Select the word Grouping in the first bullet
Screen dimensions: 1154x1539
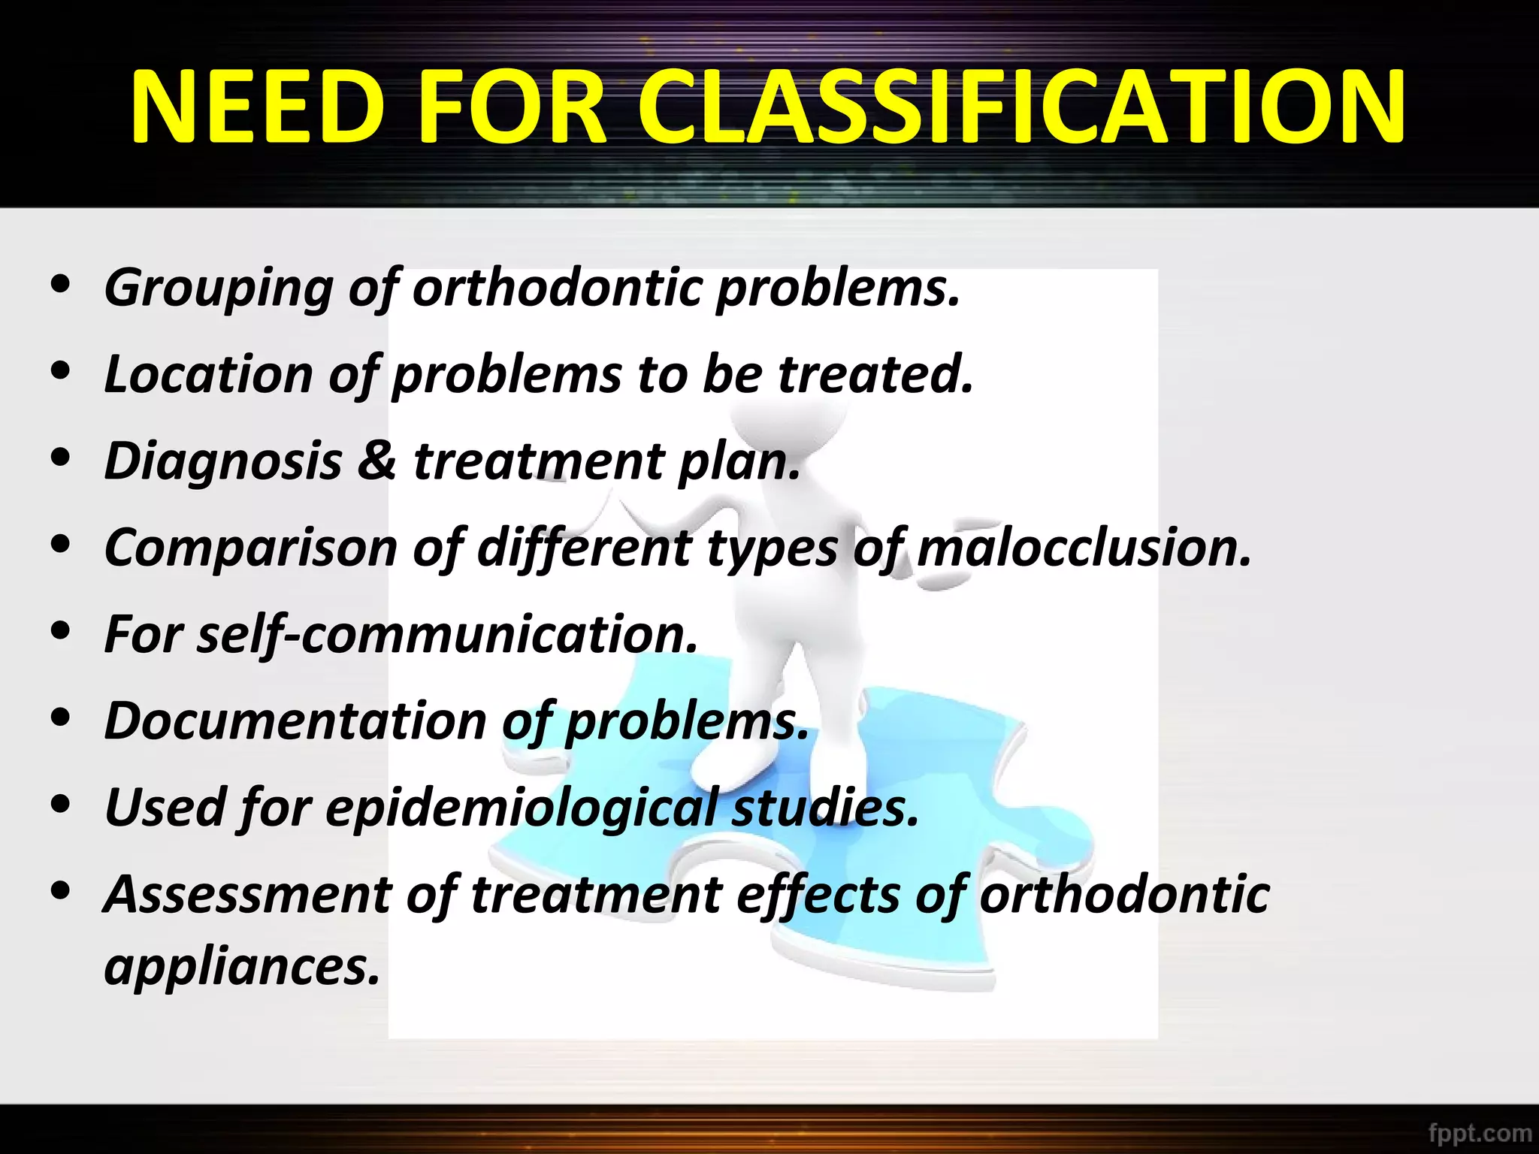tap(218, 289)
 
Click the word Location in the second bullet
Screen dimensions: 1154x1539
tap(208, 374)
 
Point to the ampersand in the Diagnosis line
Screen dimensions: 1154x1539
tap(377, 461)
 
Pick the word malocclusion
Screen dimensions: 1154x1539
tap(1084, 548)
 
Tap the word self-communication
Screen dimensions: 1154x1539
tap(447, 635)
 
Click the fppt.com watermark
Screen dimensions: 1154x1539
tap(1479, 1132)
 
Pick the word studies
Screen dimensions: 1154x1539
tap(825, 808)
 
